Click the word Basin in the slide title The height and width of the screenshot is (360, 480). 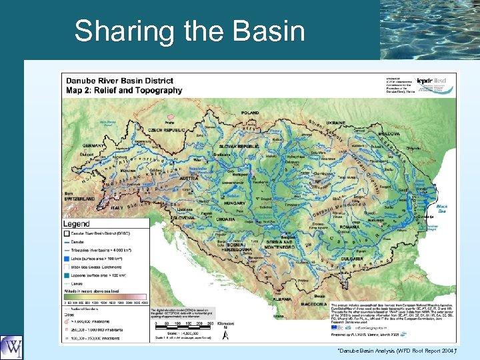click(x=267, y=31)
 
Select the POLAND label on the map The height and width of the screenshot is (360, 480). click(x=251, y=113)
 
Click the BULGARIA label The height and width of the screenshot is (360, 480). click(x=363, y=259)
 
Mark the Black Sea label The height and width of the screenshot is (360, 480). click(x=441, y=209)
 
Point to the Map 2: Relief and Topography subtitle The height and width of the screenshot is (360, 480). click(x=123, y=90)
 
